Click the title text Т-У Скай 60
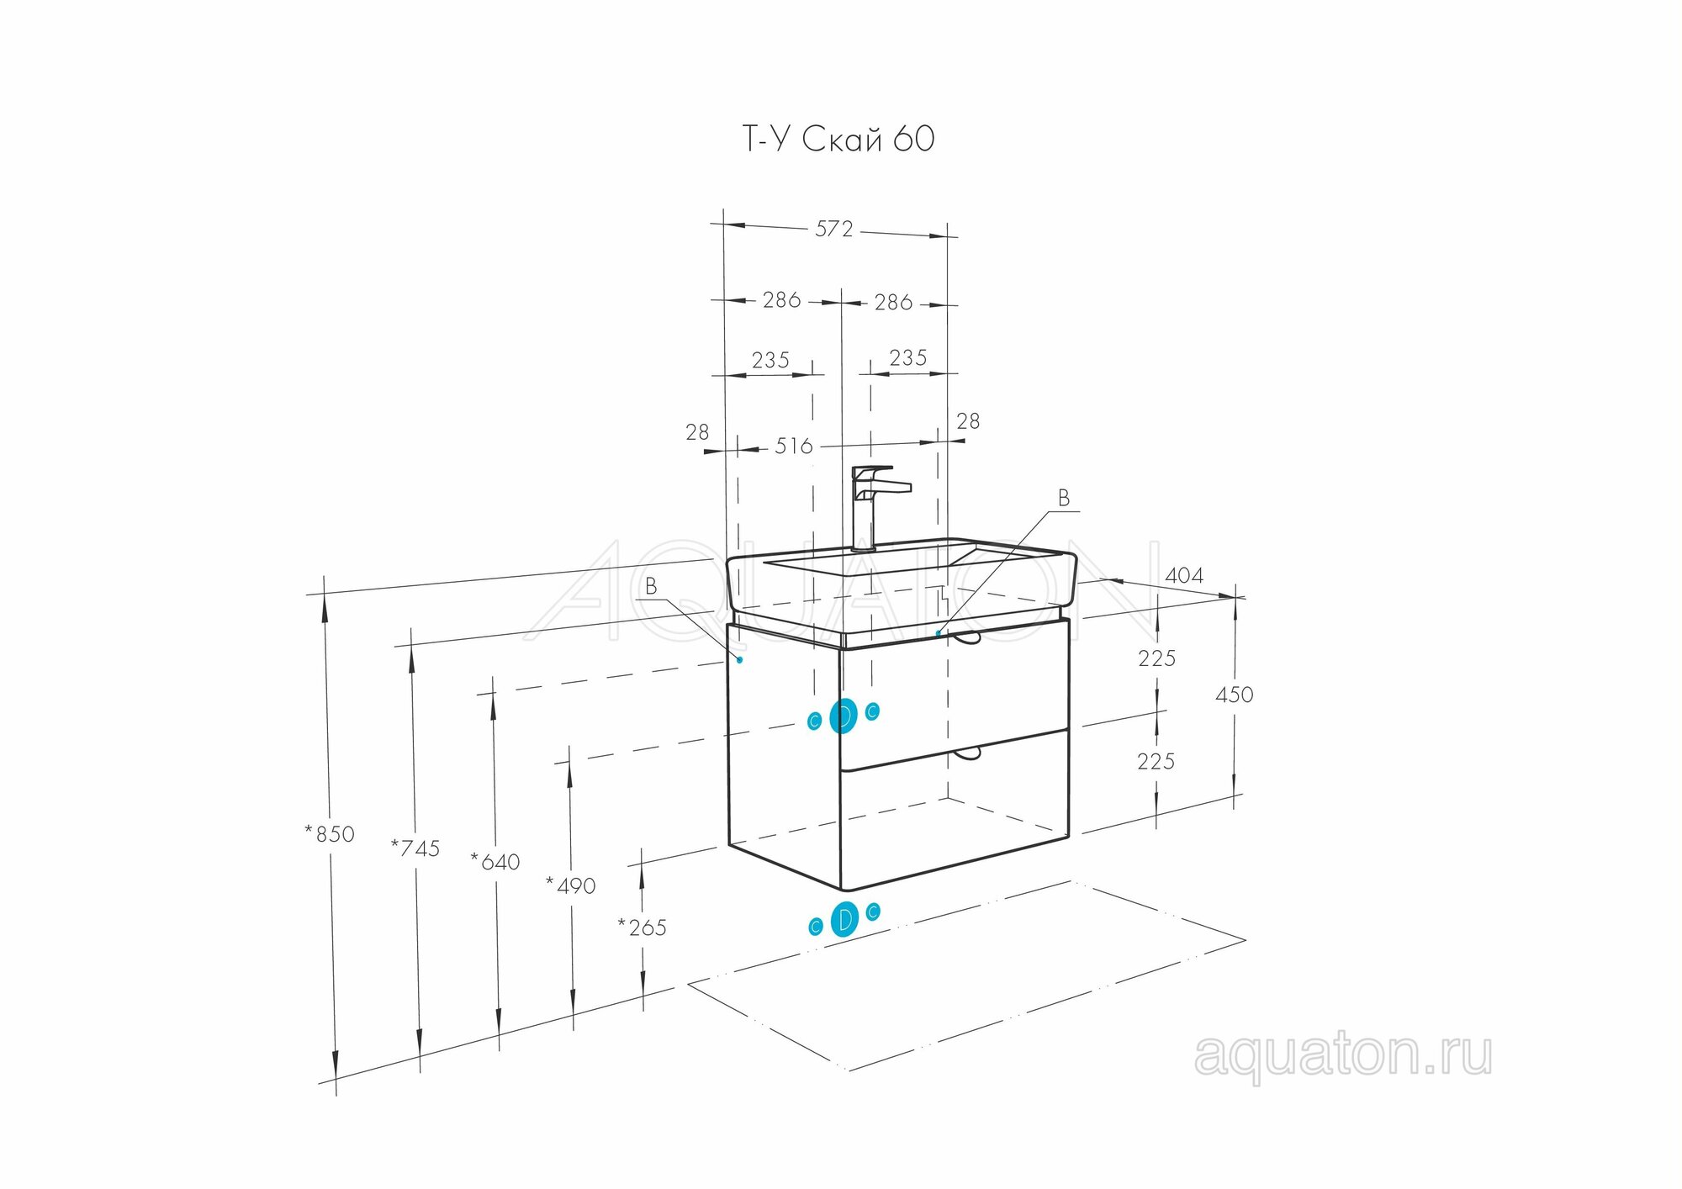click(838, 139)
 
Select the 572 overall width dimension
click(833, 229)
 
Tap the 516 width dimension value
click(794, 446)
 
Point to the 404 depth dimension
click(1184, 576)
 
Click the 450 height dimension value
click(1234, 695)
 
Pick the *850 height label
click(330, 834)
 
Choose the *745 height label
click(415, 848)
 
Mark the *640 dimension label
click(495, 862)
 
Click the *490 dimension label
click(571, 885)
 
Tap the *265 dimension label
click(643, 927)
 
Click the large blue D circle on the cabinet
click(844, 716)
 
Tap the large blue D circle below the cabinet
click(844, 919)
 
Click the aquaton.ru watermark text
click(1343, 1055)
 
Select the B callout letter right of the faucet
click(1064, 499)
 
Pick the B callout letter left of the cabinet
click(651, 586)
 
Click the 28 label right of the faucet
click(968, 421)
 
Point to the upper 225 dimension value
click(1156, 658)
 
